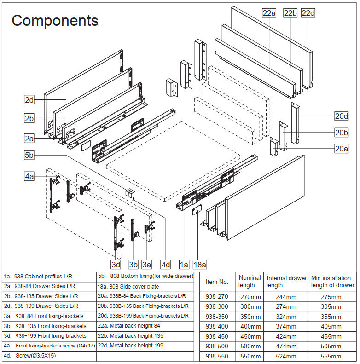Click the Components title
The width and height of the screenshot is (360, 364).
55,21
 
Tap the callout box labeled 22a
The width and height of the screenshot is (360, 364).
269,13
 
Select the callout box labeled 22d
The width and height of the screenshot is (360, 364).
308,13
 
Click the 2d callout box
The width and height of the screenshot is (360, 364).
29,99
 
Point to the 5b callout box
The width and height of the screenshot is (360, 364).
29,156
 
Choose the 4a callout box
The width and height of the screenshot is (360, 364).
29,176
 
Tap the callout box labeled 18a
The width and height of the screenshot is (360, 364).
200,264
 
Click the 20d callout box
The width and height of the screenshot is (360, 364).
341,116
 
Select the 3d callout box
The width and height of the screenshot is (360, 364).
116,264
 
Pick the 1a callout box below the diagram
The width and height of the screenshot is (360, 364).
184,264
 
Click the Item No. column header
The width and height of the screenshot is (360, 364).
217,282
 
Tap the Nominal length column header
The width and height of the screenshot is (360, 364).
250,282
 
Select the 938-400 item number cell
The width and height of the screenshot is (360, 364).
217,326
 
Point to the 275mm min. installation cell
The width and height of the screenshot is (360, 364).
331,297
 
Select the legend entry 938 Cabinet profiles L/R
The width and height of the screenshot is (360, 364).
39,277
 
